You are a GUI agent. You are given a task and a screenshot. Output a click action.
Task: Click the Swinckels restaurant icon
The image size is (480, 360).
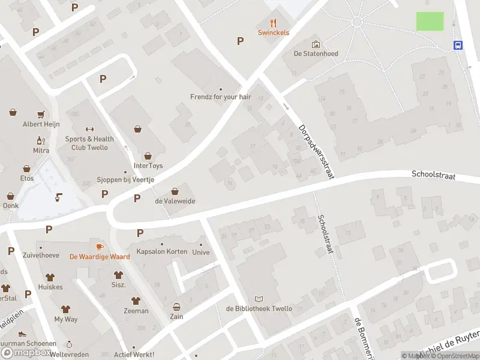274,23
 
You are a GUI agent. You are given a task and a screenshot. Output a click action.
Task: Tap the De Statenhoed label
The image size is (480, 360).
316,53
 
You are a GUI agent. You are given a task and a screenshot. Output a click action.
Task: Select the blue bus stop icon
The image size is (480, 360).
458,46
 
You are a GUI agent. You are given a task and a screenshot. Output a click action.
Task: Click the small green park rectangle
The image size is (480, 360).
430,21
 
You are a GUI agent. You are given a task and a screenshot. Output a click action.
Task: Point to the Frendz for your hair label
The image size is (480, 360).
220,96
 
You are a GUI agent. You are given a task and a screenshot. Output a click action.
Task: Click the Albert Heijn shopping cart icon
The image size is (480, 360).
41,114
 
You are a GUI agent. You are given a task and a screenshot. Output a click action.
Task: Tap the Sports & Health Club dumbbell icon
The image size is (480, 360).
90,128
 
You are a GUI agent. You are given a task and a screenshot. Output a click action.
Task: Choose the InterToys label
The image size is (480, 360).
148,166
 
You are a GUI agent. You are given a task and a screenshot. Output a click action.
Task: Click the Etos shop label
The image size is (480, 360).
26,178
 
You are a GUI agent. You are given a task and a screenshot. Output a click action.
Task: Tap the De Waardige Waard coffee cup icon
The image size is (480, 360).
100,247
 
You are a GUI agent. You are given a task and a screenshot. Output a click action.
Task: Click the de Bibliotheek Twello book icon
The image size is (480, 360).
259,299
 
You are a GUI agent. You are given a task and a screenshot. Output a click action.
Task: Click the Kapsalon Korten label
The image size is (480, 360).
162,251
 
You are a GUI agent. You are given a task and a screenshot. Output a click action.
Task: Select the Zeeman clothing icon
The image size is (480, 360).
136,301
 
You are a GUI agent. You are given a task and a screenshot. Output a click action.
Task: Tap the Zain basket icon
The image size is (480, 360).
176,307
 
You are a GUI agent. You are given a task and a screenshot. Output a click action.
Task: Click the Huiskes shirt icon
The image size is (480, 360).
50,277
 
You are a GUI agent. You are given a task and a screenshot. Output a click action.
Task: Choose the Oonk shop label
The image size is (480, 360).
11,205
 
